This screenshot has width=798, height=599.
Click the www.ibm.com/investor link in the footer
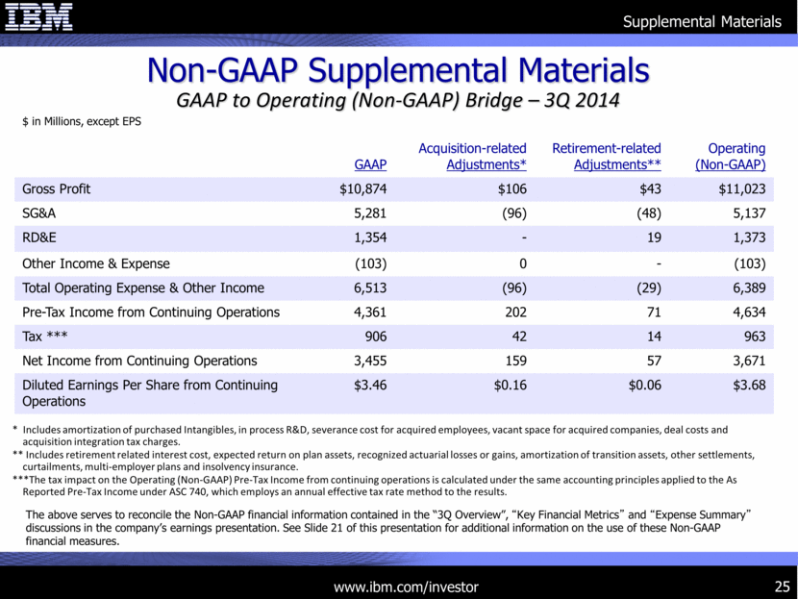coord(405,586)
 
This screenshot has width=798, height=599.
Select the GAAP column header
coord(364,164)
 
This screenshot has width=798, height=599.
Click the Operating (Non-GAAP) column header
coord(736,157)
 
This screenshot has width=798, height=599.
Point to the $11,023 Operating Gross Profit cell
coord(737,188)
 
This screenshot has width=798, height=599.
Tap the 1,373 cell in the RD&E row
coord(746,238)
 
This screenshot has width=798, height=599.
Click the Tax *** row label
coord(45,337)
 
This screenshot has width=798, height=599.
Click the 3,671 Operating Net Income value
coord(746,362)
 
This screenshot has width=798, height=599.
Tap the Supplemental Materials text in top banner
coord(702,21)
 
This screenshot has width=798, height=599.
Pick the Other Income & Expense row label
coord(95,263)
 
